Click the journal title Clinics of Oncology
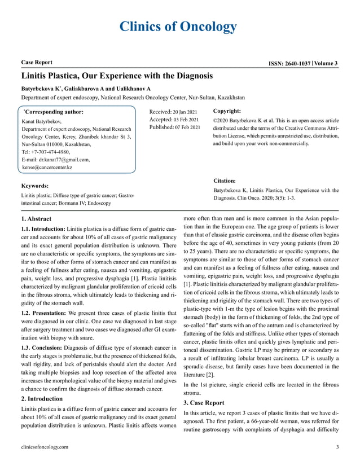click(179, 27)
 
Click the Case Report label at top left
click(37, 62)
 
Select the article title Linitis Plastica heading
click(117, 76)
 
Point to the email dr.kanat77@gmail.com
click(56, 160)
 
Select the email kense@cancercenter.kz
click(47, 168)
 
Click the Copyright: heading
click(227, 111)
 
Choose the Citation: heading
click(225, 180)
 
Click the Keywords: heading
click(34, 185)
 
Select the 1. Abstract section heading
click(36, 219)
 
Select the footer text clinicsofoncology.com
click(45, 447)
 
